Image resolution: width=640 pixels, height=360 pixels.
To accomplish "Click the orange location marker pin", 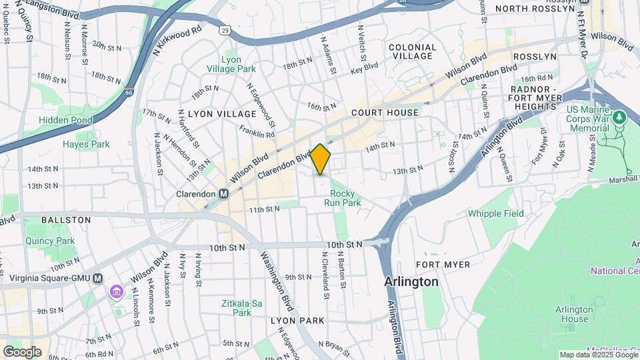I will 321,159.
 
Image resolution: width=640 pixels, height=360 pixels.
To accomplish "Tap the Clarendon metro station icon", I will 224,194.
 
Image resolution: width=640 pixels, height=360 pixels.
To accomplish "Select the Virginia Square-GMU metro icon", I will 98,278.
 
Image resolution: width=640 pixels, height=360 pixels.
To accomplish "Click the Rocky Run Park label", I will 342,197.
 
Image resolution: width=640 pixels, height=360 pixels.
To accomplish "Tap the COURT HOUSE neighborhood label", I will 385,113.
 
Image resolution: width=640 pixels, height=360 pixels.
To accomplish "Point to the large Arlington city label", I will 411,282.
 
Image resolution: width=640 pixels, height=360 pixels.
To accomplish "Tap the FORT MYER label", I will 447,265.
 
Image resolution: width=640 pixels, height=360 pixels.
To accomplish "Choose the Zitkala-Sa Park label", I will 236,307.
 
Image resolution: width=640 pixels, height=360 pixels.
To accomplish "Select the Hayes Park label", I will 86,144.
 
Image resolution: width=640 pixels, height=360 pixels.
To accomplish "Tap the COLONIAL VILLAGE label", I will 412,52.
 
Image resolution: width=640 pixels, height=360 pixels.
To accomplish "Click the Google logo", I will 22,351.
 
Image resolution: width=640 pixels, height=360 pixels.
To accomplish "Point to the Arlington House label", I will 574,314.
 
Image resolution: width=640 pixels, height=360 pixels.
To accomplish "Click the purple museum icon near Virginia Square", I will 117,292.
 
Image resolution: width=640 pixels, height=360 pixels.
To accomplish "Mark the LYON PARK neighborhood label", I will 297,321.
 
